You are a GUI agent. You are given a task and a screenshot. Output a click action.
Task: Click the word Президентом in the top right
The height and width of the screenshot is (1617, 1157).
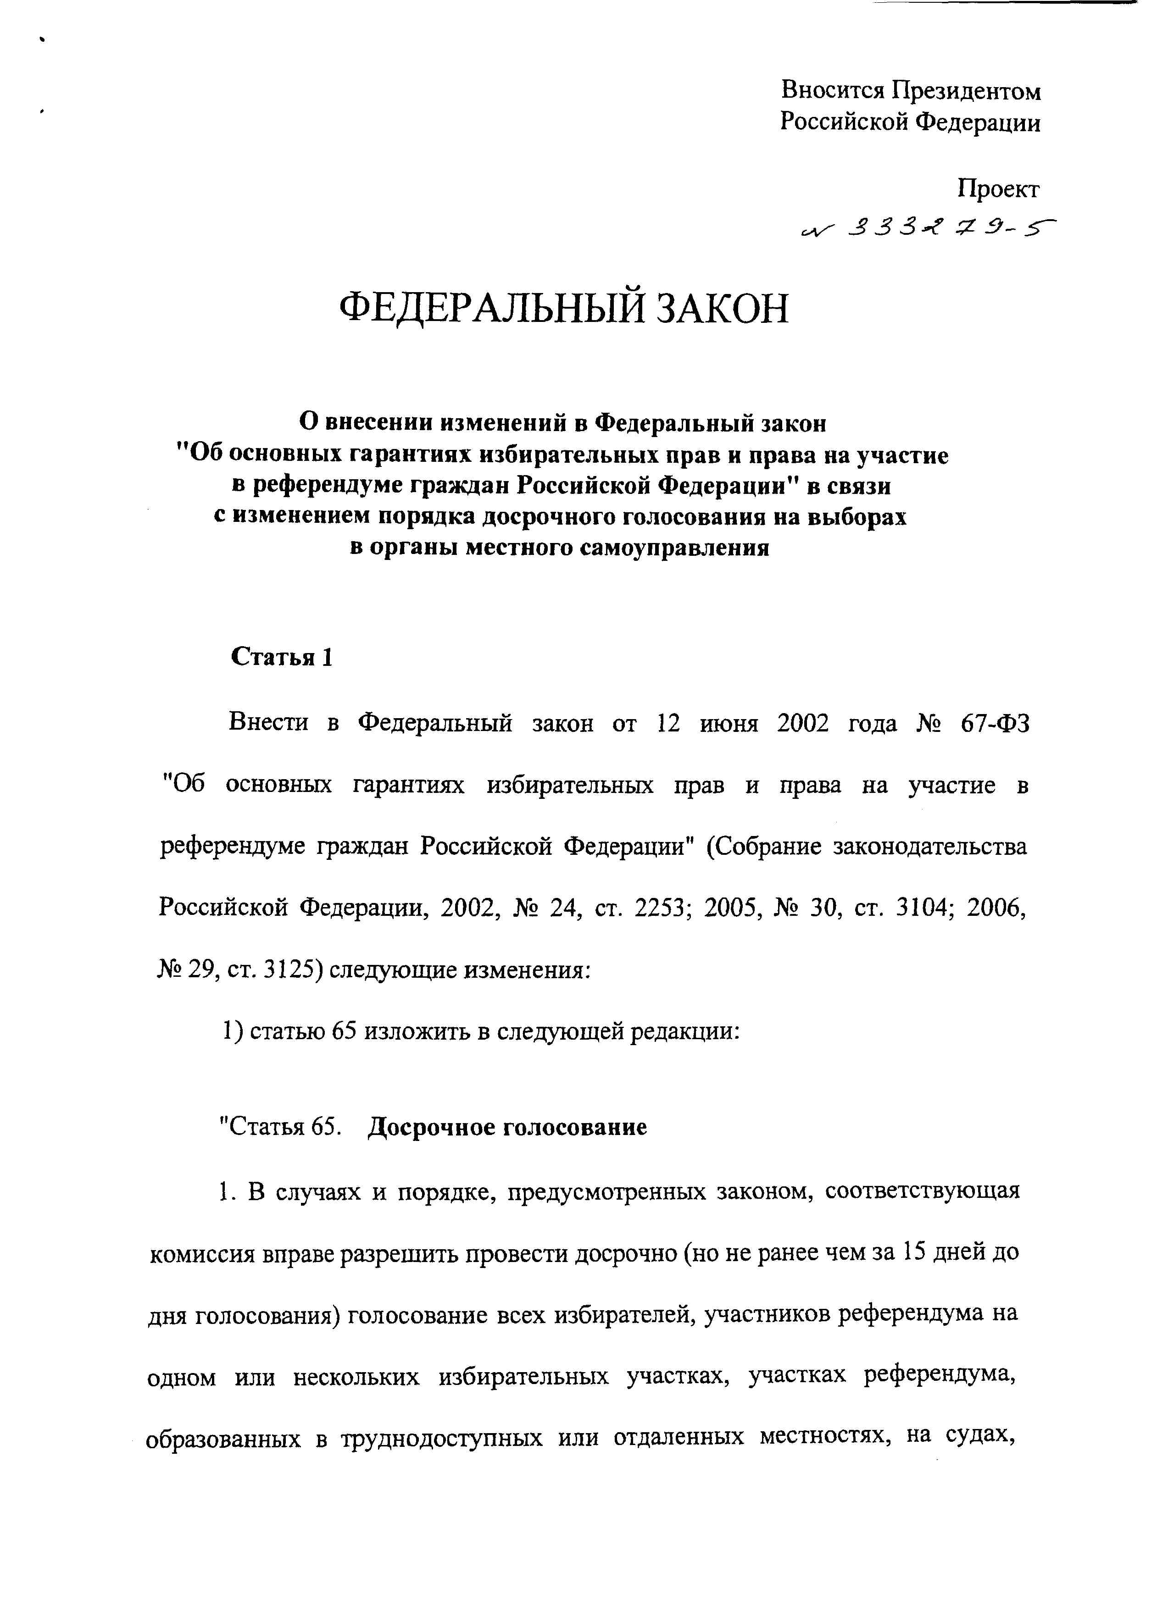(x=967, y=92)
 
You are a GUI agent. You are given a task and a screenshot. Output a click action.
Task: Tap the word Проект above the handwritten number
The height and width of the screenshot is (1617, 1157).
(x=998, y=189)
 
